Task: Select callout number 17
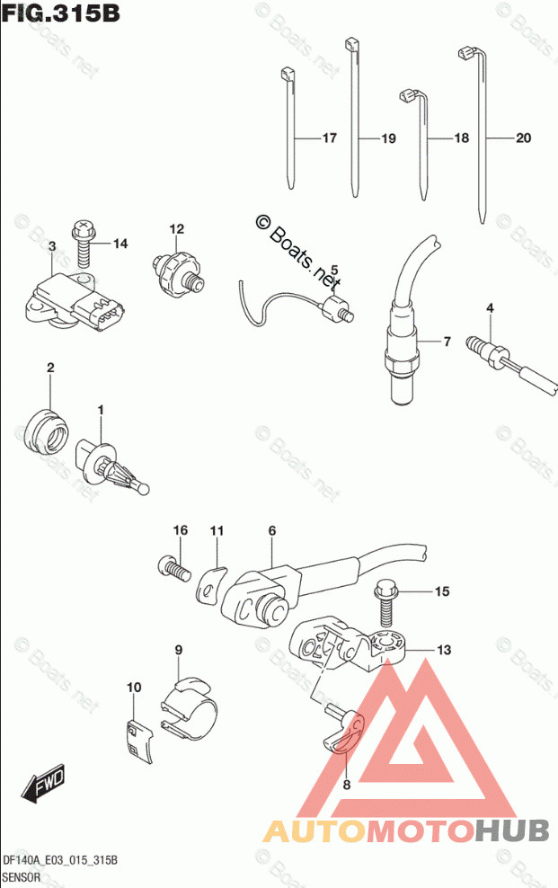pos(328,138)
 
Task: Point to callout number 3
pos(53,246)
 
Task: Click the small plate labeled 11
pos(210,584)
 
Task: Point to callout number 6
pos(271,531)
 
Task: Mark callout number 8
pos(347,784)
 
